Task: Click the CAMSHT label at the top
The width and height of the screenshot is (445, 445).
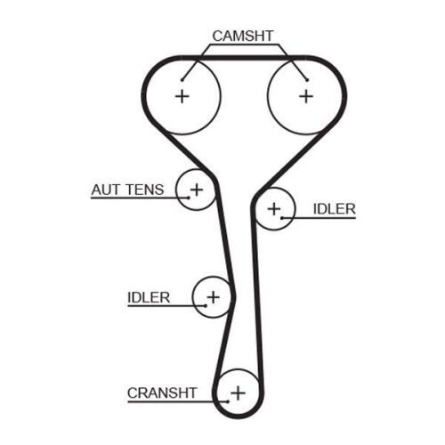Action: click(x=243, y=36)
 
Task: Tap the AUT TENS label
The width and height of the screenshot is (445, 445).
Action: click(x=127, y=190)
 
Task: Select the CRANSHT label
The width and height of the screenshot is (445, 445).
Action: click(x=162, y=393)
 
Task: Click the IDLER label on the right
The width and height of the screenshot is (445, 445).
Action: click(x=335, y=209)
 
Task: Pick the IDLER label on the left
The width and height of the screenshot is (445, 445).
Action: click(x=149, y=297)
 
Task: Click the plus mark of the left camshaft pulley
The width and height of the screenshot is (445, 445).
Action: click(x=182, y=96)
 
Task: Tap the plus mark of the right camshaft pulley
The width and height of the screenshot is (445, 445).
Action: click(x=306, y=96)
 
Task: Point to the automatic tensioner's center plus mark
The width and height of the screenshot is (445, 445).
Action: click(x=197, y=190)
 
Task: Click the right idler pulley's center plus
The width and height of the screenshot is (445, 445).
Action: click(x=274, y=209)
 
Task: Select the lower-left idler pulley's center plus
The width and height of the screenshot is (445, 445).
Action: click(x=213, y=297)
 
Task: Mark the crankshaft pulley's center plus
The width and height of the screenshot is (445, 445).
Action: click(x=238, y=393)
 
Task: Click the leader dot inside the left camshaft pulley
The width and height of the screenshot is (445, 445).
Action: click(x=182, y=80)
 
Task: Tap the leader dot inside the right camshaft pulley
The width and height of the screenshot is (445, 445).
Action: click(x=307, y=80)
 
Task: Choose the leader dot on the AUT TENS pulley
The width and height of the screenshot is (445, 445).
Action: click(x=189, y=198)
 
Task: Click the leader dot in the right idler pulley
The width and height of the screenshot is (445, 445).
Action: click(x=282, y=218)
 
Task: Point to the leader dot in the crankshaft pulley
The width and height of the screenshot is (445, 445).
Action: click(x=228, y=402)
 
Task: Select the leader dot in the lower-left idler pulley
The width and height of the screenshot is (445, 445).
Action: click(x=206, y=305)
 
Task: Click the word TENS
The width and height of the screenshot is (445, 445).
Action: click(x=145, y=190)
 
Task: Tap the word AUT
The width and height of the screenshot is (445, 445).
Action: click(x=105, y=190)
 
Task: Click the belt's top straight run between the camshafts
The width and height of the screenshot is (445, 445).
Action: click(x=243, y=58)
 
